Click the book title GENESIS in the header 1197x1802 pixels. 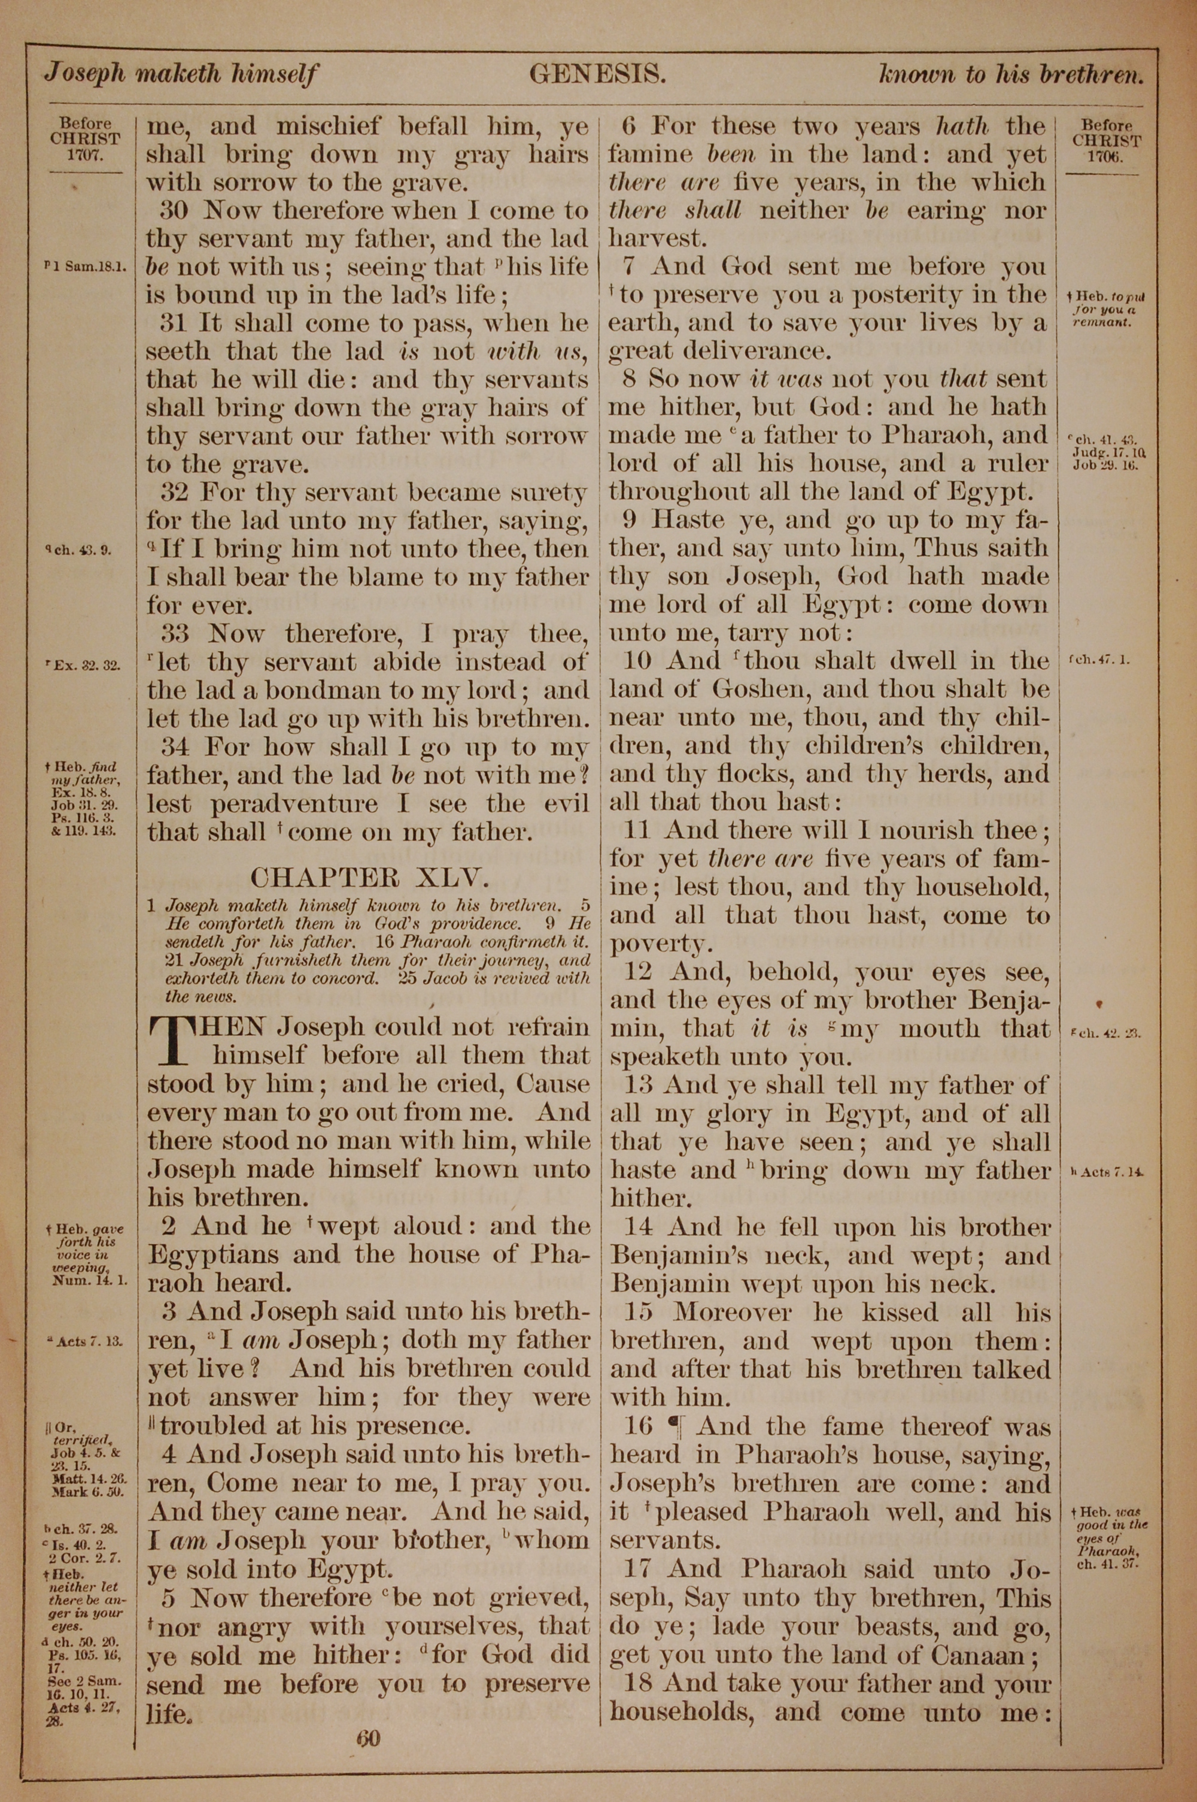click(598, 74)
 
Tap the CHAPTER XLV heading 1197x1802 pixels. click(368, 876)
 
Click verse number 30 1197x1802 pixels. click(175, 211)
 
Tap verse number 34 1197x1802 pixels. click(175, 747)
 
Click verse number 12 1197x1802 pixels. click(638, 972)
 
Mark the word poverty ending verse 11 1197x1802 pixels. click(659, 945)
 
